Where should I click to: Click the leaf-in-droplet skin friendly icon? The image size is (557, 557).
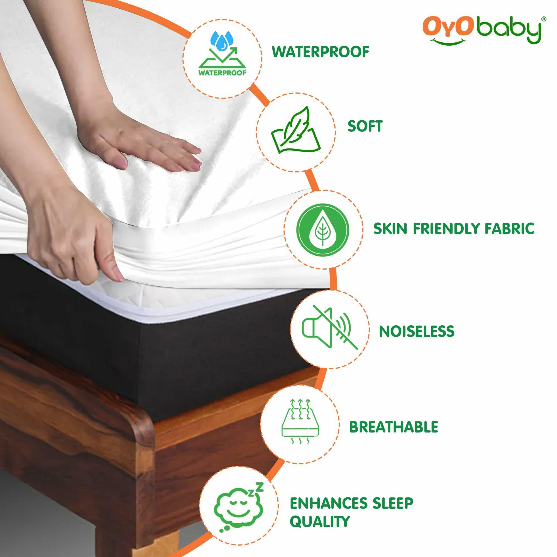tap(323, 229)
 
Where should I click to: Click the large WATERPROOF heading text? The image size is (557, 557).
tap(320, 52)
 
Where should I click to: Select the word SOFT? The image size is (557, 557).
tap(365, 126)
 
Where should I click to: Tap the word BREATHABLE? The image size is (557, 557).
tap(394, 427)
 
